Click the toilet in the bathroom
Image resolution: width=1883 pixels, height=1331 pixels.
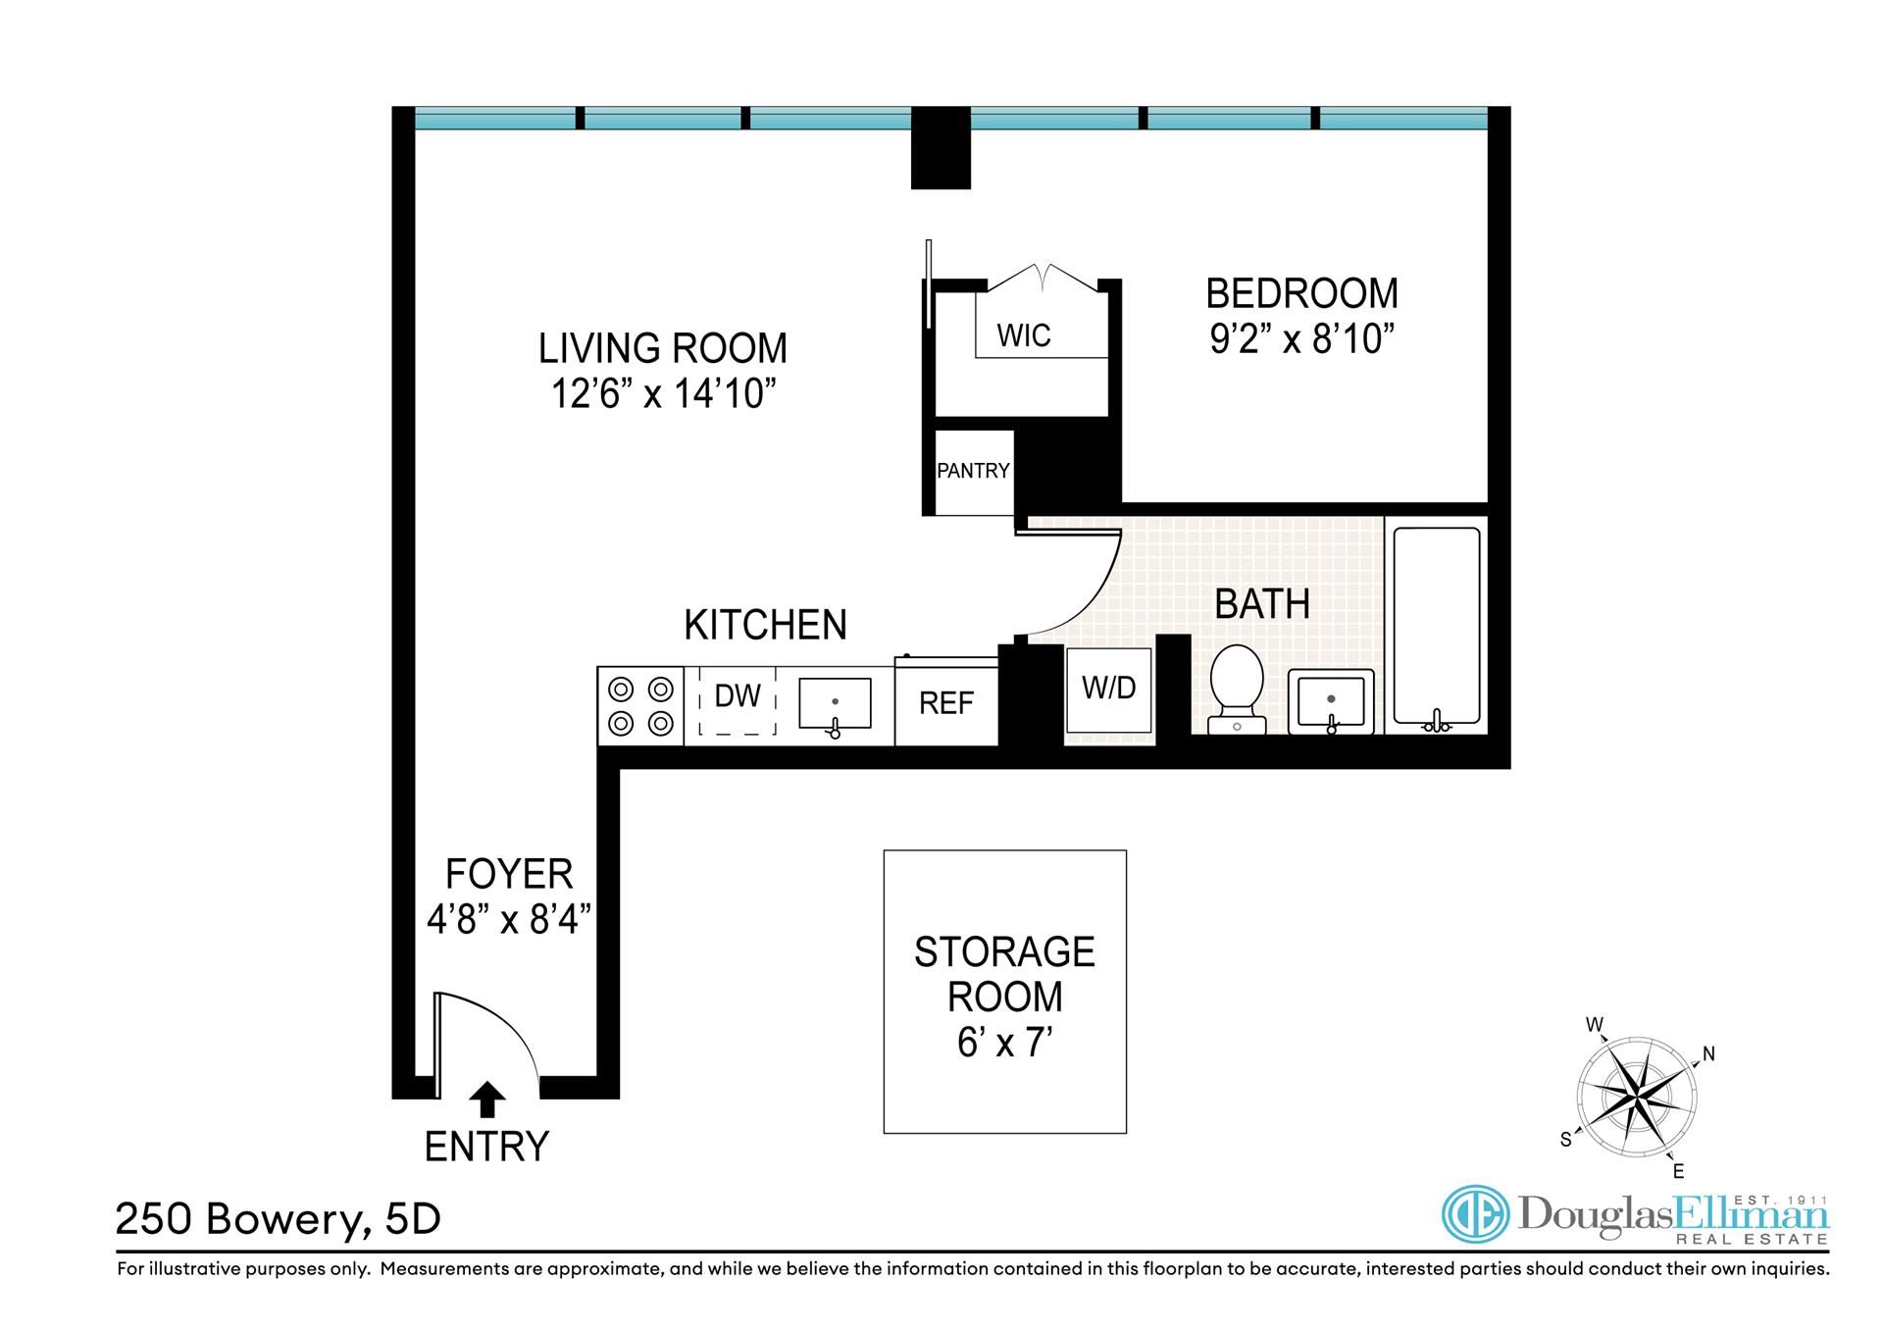tap(1237, 687)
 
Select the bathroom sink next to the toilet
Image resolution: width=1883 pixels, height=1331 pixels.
tap(1331, 700)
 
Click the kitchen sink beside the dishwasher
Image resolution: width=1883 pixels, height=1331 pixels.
tap(835, 703)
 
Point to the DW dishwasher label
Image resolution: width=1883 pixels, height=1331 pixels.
tap(738, 695)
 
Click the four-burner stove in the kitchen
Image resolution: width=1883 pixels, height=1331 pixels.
tap(641, 705)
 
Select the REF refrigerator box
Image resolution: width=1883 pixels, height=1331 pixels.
tap(946, 703)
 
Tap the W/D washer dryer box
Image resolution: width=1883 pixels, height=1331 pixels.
tap(1109, 689)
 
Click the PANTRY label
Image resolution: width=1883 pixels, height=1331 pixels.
tap(973, 471)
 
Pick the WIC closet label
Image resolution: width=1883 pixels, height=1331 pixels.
tap(1024, 335)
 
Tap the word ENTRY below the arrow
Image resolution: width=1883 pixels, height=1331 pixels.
tap(486, 1146)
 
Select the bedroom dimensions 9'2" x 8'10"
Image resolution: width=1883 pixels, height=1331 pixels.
tap(1301, 338)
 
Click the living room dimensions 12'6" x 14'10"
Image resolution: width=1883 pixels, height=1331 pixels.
tap(663, 393)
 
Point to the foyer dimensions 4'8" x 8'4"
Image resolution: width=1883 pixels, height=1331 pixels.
tap(509, 919)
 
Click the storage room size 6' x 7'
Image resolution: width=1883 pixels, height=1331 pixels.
tap(1004, 1042)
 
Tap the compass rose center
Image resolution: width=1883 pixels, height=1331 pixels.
tap(1636, 1096)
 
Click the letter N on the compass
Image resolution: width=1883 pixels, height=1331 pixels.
tap(1708, 1054)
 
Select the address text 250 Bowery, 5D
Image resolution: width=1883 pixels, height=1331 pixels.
tap(279, 1219)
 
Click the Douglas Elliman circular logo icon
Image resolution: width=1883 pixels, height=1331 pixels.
tap(1475, 1215)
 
